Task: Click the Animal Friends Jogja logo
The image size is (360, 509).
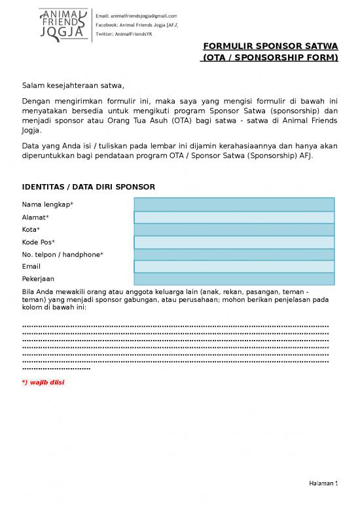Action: click(64, 25)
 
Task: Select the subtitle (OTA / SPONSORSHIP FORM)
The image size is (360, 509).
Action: click(269, 58)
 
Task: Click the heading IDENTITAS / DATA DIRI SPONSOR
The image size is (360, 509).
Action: click(88, 187)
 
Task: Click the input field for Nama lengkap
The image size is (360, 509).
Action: click(234, 205)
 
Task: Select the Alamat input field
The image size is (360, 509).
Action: click(234, 217)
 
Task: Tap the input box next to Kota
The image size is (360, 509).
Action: click(234, 230)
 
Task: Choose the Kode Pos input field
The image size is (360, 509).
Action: click(234, 242)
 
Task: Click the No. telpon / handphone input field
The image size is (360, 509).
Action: click(234, 254)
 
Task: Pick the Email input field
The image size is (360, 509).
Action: click(234, 267)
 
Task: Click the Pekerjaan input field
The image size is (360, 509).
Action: click(234, 279)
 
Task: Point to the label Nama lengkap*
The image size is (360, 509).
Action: click(48, 205)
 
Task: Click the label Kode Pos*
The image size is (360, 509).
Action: click(39, 242)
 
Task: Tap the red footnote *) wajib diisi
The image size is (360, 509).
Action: click(43, 382)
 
